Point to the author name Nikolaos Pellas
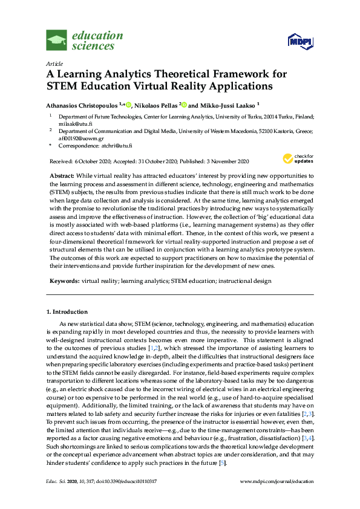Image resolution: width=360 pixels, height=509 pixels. [156, 104]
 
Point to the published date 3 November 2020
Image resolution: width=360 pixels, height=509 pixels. [228, 161]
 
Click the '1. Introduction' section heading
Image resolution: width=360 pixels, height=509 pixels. [67, 312]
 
